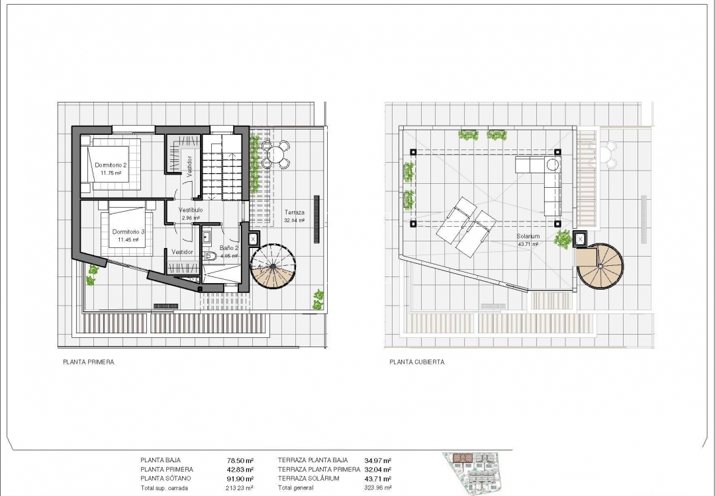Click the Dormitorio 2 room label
tap(111, 165)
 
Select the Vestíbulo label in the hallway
tap(191, 210)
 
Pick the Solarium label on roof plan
tap(528, 236)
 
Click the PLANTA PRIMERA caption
tap(88, 362)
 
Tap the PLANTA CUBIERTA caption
tap(417, 362)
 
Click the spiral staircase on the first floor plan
tap(273, 269)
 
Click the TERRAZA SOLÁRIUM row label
tap(309, 479)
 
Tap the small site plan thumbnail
tap(476, 474)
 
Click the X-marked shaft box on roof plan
tap(581, 237)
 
